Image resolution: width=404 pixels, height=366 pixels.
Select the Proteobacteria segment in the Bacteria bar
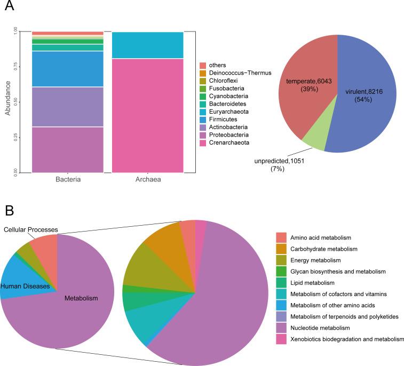pyautogui.click(x=67, y=149)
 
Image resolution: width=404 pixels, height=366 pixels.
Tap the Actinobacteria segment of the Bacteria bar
pyautogui.click(x=67, y=107)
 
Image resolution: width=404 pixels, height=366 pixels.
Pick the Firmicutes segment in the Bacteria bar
pyautogui.click(x=67, y=69)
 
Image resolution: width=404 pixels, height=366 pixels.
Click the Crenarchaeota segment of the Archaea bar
pyautogui.click(x=147, y=115)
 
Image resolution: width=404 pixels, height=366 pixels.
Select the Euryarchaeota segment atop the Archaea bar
pyautogui.click(x=147, y=45)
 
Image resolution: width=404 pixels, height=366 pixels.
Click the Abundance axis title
pyautogui.click(x=8, y=102)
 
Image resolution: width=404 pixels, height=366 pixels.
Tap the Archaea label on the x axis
pyautogui.click(x=147, y=179)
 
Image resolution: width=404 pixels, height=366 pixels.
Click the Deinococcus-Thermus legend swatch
pyautogui.click(x=203, y=73)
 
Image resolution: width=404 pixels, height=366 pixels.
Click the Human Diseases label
pyautogui.click(x=25, y=287)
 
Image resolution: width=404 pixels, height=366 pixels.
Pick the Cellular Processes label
pyautogui.click(x=30, y=229)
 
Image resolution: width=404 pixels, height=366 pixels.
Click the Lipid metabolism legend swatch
pyautogui.click(x=281, y=283)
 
